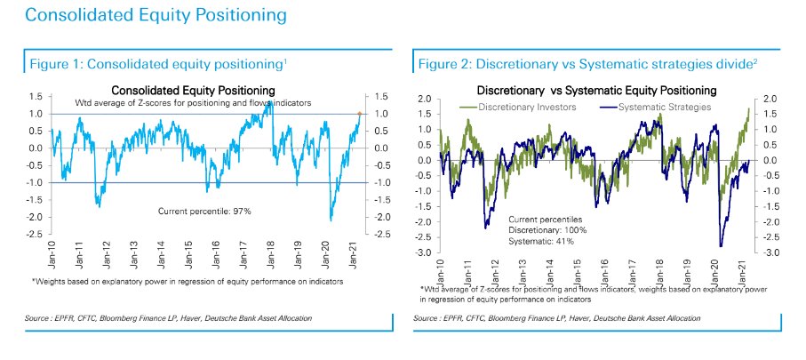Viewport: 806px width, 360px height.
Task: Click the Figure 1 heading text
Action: click(158, 64)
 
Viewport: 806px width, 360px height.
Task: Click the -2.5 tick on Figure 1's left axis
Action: click(37, 235)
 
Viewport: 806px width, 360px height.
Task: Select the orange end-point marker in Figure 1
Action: click(359, 114)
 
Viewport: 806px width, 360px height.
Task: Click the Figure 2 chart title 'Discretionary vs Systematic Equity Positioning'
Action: click(596, 91)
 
